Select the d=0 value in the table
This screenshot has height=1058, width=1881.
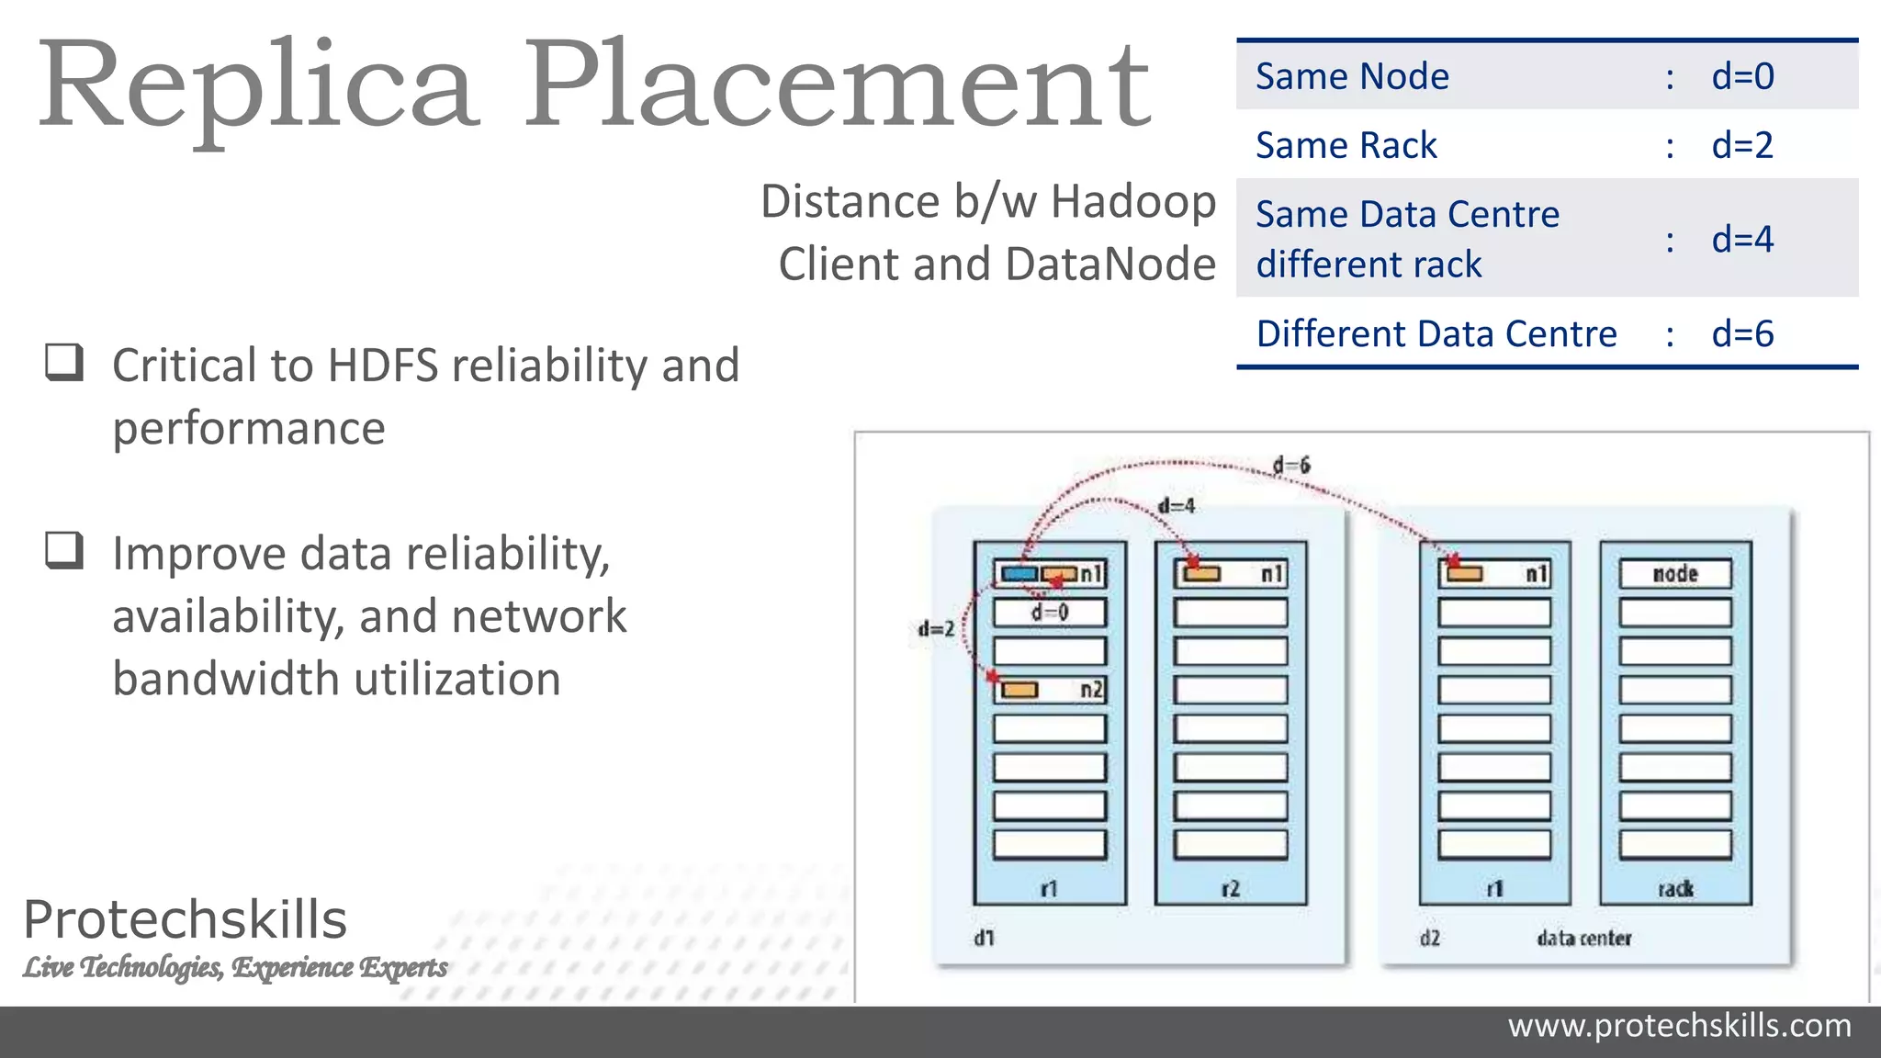click(x=1742, y=76)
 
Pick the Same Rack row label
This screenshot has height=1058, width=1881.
click(x=1346, y=145)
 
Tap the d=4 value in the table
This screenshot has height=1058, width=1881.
click(x=1742, y=240)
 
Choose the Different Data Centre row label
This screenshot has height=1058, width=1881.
click(x=1436, y=334)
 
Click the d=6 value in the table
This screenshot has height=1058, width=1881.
click(x=1742, y=334)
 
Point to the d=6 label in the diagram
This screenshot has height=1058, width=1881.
click(x=1291, y=466)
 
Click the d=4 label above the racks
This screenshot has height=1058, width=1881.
click(x=1177, y=506)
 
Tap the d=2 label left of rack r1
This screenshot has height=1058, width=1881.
click(x=936, y=629)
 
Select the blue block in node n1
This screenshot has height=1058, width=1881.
click(x=1019, y=575)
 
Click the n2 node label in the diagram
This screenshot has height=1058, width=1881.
click(x=1091, y=690)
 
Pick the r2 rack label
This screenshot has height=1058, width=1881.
click(x=1230, y=889)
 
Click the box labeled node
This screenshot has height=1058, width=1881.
click(x=1675, y=574)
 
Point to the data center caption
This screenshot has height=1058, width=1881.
click(x=1584, y=939)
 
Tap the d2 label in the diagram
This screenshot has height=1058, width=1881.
click(x=1430, y=939)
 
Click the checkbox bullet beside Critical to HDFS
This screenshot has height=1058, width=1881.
click(x=64, y=363)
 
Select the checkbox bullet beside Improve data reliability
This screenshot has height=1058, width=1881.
click(x=64, y=551)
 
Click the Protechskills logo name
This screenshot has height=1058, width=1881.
click(x=186, y=919)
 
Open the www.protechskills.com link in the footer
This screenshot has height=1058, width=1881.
click(x=1679, y=1026)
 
